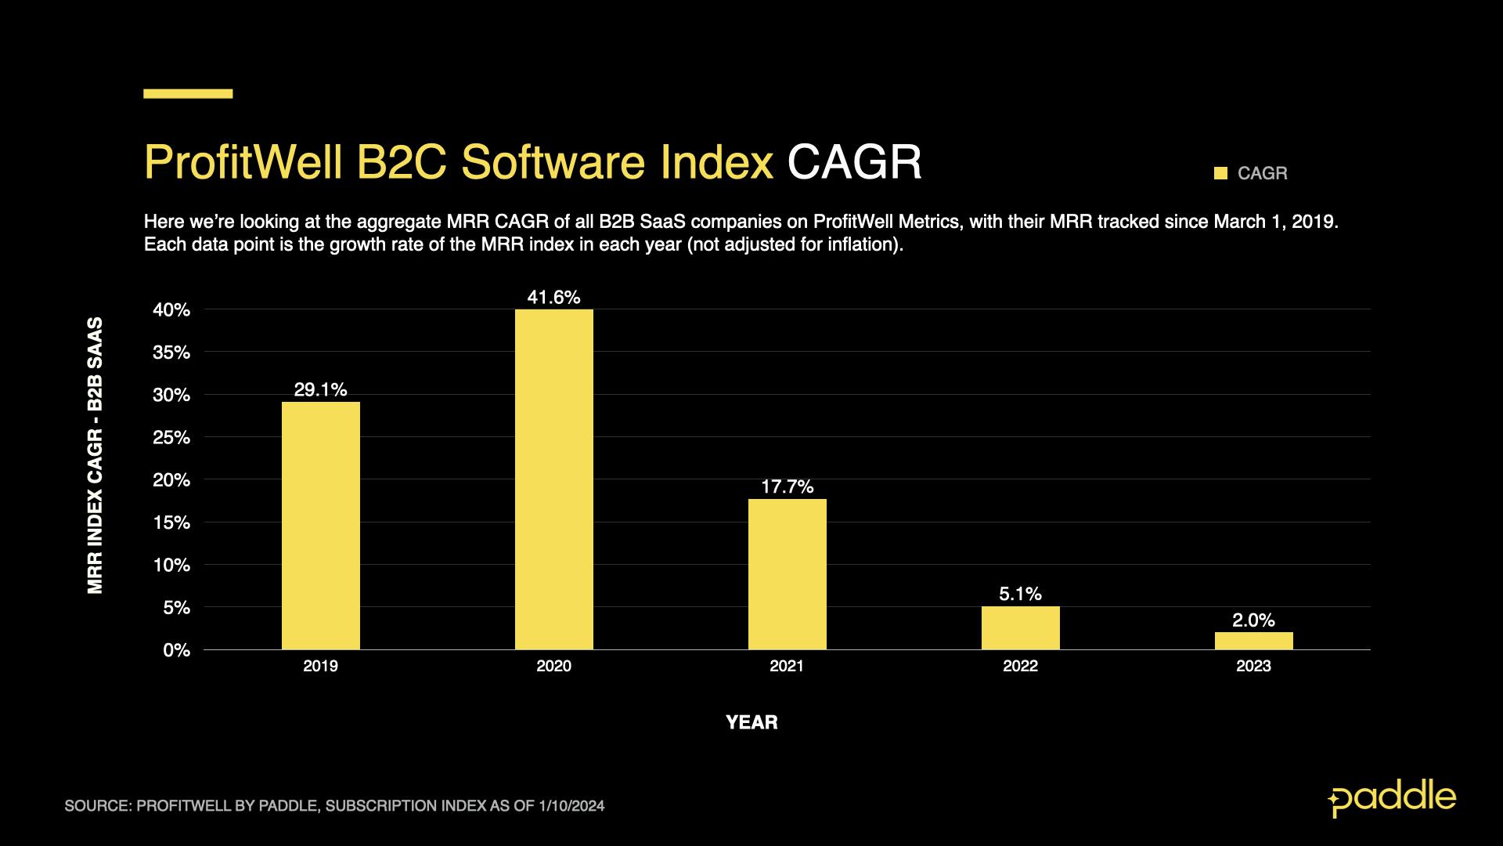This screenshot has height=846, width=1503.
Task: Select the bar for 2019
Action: (x=320, y=526)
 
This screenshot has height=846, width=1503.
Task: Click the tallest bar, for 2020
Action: (x=553, y=479)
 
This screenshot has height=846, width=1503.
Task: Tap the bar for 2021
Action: (x=787, y=574)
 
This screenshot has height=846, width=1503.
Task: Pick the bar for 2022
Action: (x=1020, y=627)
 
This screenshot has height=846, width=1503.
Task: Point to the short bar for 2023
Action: (x=1253, y=641)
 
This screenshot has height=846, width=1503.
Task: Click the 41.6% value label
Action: (x=553, y=298)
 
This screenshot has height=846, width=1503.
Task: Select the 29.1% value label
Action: (x=320, y=390)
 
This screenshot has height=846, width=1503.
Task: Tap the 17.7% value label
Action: (x=787, y=487)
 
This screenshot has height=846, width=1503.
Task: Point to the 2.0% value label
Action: (x=1253, y=620)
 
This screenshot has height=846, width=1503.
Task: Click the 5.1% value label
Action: (x=1020, y=595)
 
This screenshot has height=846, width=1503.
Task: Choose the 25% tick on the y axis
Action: (x=171, y=438)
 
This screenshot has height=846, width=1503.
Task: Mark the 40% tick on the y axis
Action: (x=171, y=310)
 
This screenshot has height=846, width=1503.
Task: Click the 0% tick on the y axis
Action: (x=176, y=650)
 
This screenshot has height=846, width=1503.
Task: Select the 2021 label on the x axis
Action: (x=787, y=667)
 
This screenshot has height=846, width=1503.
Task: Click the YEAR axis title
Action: (x=751, y=722)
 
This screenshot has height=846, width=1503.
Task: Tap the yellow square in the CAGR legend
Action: (x=1220, y=173)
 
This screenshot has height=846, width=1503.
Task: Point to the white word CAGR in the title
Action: (x=854, y=162)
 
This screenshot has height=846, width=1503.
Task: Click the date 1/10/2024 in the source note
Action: (x=571, y=806)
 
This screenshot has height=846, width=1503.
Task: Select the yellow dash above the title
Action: (x=188, y=94)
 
